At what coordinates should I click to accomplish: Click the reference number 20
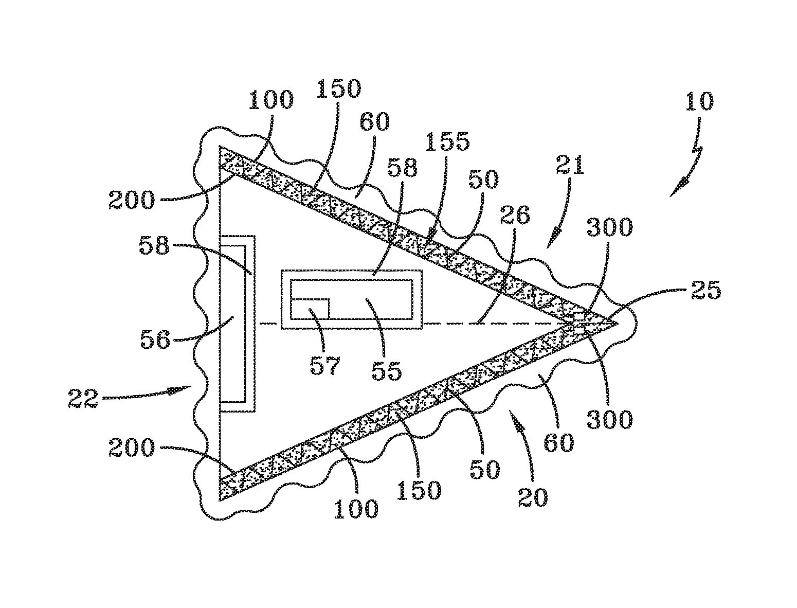[533, 497]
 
